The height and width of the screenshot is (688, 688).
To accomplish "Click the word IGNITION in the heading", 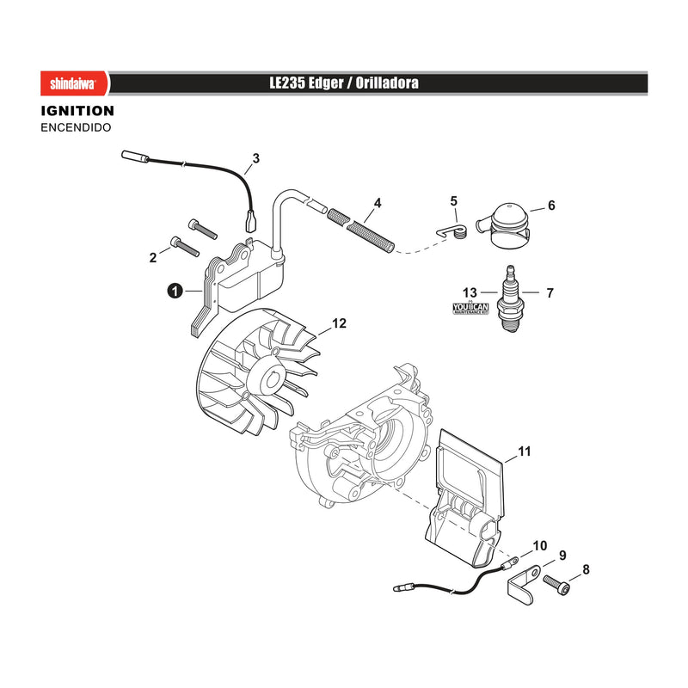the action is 77,111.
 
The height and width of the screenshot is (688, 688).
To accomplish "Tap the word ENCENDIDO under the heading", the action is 76,127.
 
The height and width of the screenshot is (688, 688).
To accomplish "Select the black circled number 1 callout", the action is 175,291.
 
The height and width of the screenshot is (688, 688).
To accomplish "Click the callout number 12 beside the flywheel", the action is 339,323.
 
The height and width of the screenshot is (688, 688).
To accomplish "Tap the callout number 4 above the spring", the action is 378,203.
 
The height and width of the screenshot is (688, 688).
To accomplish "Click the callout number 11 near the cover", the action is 525,451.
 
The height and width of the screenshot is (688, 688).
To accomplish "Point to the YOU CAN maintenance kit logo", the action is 470,308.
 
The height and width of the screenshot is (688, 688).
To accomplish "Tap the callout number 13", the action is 470,292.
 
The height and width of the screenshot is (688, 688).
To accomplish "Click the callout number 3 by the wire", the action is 256,158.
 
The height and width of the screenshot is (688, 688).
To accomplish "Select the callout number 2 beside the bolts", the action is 153,257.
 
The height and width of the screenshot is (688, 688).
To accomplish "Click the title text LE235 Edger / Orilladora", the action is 344,83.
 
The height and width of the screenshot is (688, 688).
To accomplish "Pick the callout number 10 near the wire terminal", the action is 540,545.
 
